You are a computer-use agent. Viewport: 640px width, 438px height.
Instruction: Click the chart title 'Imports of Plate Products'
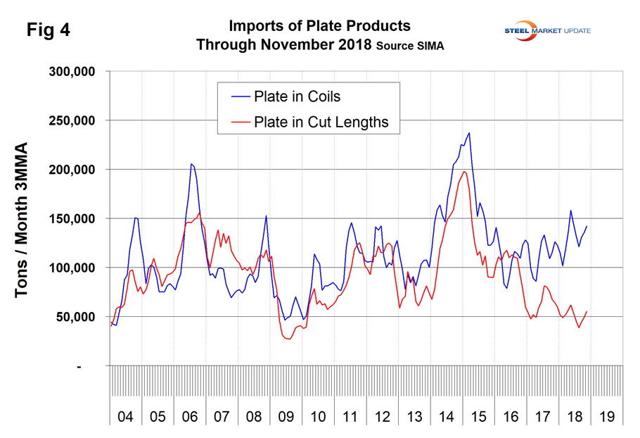319,26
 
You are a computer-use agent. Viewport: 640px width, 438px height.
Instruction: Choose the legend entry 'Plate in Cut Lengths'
321,122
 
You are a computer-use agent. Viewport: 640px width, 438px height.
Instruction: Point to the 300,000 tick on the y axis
79,72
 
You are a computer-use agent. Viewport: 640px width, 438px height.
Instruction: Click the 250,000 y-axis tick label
79,120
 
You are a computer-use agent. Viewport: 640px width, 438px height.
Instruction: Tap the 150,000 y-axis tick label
79,218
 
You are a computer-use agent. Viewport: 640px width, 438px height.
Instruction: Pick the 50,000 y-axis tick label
83,316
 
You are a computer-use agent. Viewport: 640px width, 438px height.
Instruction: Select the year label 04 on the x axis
125,416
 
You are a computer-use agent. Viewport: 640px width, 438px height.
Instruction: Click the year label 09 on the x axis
286,416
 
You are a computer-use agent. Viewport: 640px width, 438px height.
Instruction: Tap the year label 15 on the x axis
479,416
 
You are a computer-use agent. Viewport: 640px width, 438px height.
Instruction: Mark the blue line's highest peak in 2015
469,132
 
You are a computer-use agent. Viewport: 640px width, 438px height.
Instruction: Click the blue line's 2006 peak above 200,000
191,164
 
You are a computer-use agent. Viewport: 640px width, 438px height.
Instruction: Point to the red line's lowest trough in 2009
288,339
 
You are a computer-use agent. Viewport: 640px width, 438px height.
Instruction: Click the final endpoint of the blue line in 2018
587,227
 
